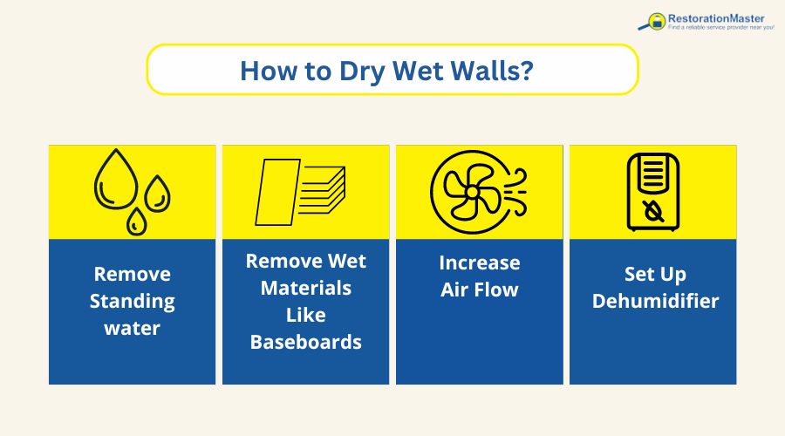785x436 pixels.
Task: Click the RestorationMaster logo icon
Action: point(652,21)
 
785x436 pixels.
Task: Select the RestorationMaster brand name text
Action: point(716,16)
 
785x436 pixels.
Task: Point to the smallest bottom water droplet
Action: point(136,221)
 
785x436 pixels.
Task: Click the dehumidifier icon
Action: point(652,193)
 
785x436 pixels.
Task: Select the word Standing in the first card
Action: point(132,302)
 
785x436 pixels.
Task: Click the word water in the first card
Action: point(132,330)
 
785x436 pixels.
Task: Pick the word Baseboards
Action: point(305,342)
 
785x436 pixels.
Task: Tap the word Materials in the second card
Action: point(305,288)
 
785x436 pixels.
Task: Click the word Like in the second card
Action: point(305,315)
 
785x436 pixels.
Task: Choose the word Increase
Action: point(479,262)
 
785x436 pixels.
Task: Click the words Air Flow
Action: point(479,290)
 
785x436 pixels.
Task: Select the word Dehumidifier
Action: point(655,302)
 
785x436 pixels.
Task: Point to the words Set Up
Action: point(655,274)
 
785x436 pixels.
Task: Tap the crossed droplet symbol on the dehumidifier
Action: point(652,210)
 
